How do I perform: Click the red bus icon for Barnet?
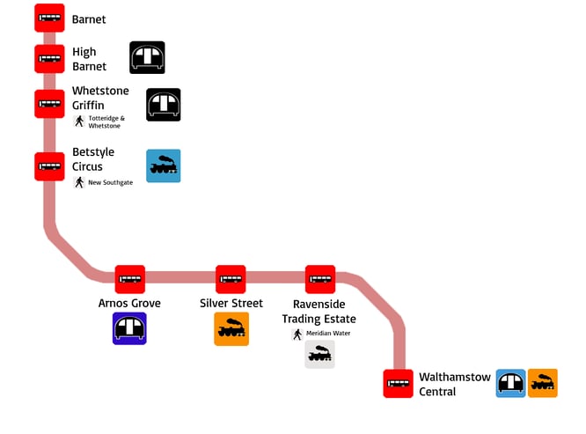point(49,18)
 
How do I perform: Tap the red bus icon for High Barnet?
point(49,59)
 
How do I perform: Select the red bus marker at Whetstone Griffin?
point(49,104)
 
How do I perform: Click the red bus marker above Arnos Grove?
point(130,279)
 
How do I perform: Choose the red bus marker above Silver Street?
point(231,279)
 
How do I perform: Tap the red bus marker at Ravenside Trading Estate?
point(320,279)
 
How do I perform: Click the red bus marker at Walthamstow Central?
point(398,384)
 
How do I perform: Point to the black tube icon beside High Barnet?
point(147,57)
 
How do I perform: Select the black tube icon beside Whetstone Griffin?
point(163,105)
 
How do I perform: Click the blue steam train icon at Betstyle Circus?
point(163,166)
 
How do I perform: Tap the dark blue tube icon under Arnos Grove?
point(129,328)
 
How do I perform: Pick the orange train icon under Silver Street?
point(231,328)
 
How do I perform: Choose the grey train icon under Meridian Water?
point(320,354)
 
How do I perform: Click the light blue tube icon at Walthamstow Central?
point(510,383)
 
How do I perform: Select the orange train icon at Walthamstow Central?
point(543,383)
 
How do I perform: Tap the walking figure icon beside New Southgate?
point(79,182)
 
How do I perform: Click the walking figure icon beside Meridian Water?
point(297,334)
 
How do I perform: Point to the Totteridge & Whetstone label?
point(106,121)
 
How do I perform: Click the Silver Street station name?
point(231,304)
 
